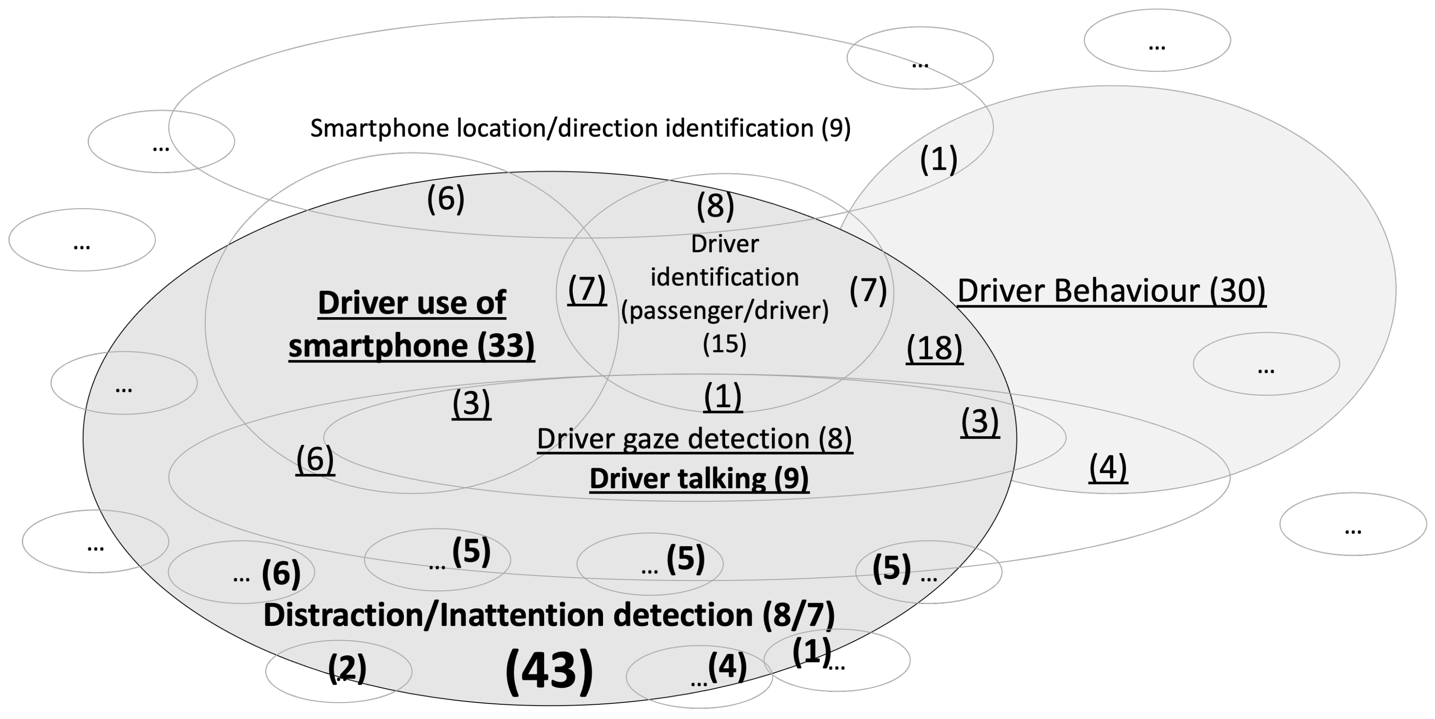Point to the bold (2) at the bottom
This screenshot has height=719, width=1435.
coord(347,667)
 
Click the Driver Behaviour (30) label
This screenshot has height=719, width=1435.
coord(1111,291)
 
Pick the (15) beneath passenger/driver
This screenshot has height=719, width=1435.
coord(724,344)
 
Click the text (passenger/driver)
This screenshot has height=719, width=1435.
coord(725,310)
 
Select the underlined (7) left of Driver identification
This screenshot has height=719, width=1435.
coord(587,289)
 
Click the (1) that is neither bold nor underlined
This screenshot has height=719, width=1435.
coord(938,159)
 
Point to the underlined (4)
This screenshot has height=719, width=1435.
coord(1108,467)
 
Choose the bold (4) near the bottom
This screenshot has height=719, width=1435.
coord(727,666)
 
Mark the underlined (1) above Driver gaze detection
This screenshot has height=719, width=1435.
coord(722,396)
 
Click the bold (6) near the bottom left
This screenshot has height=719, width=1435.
coord(281,573)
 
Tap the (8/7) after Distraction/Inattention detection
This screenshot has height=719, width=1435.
coord(798,615)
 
